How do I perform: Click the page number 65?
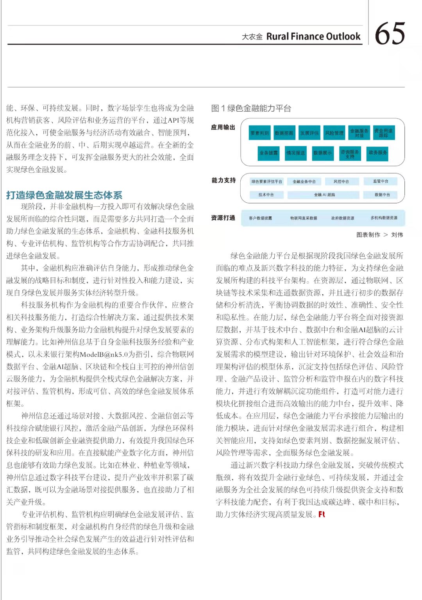coord(390,34)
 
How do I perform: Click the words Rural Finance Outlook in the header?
coord(313,37)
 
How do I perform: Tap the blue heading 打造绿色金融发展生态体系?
coord(64,195)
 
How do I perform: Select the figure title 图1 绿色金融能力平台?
coord(251,108)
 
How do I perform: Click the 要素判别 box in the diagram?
coord(259,133)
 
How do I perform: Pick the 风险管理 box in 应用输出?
coord(334,133)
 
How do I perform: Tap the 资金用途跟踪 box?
coord(383,133)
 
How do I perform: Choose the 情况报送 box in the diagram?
coord(295,153)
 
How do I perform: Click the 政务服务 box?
coord(377,153)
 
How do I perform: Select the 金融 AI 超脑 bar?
coord(324,195)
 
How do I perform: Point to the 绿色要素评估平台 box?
coord(267,182)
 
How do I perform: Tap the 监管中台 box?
coord(381,181)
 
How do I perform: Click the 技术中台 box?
coord(266,195)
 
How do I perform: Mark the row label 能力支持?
coord(224,180)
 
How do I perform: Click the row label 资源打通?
coord(223,218)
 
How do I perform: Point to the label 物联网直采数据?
coord(304,218)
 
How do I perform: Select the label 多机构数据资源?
coord(384,218)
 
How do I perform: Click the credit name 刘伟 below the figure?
coord(397,235)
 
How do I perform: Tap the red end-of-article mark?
coord(322,514)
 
